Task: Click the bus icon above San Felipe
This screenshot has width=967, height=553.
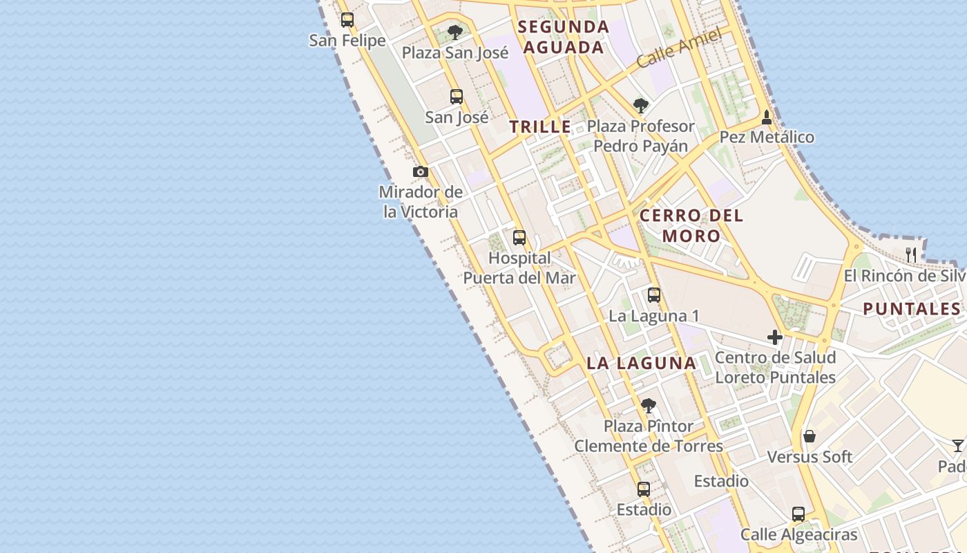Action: tap(347, 20)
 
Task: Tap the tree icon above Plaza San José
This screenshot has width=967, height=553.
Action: tap(454, 32)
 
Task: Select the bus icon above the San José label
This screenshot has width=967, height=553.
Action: tap(457, 97)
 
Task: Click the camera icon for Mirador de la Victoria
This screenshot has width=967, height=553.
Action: tap(421, 171)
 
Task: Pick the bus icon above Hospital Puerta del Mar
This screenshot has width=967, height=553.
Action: tap(519, 238)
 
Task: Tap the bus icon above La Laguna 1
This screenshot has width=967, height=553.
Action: tap(654, 295)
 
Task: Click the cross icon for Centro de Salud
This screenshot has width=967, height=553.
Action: tap(775, 337)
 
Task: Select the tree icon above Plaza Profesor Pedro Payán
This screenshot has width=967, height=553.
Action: tap(641, 106)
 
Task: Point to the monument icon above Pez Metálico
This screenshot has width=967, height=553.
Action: tap(766, 118)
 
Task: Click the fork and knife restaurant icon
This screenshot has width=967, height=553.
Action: tap(911, 255)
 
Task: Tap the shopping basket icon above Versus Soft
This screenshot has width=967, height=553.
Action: tap(810, 436)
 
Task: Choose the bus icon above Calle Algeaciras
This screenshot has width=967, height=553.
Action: tap(798, 514)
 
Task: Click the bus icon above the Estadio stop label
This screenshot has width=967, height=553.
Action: tap(644, 489)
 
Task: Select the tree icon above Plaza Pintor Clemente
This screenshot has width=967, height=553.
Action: tap(648, 406)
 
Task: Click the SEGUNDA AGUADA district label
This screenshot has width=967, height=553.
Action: tap(564, 37)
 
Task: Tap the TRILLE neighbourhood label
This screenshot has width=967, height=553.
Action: tap(540, 126)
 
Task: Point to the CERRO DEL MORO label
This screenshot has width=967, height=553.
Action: tap(691, 225)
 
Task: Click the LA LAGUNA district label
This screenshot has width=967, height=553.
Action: tap(641, 363)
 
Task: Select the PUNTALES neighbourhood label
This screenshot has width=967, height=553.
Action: tap(912, 309)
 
